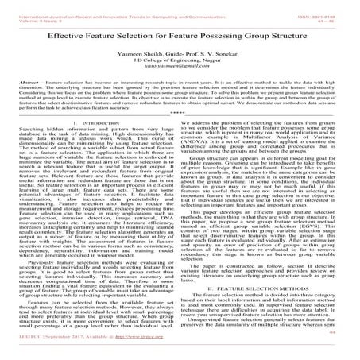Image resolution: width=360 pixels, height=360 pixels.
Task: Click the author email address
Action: [x=180, y=65]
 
